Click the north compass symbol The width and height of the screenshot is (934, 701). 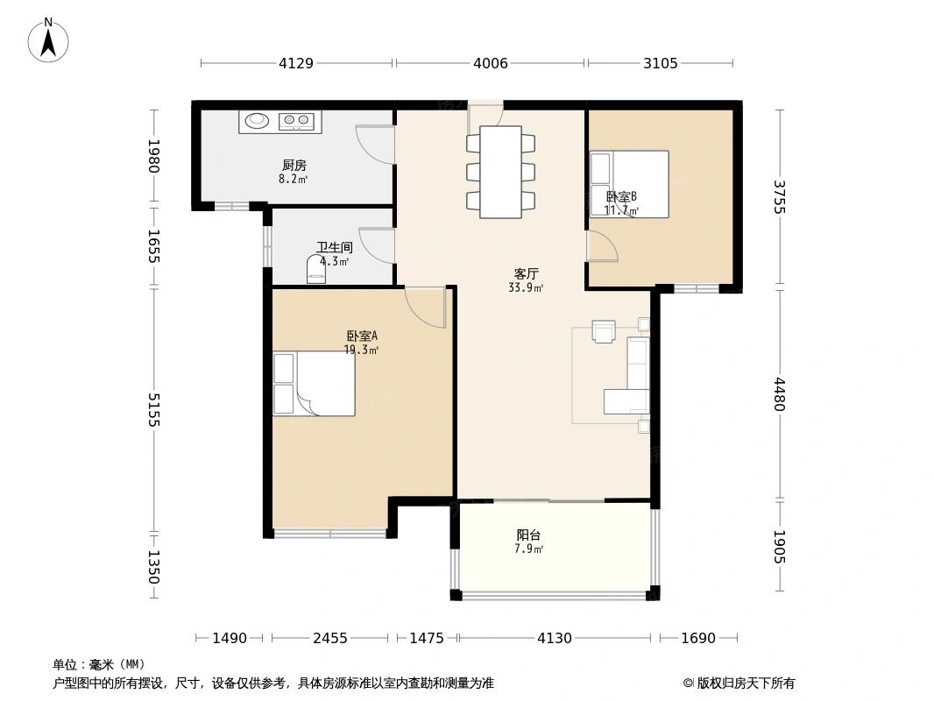(47, 40)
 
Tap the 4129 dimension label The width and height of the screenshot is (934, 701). (296, 63)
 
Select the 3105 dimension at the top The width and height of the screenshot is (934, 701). (660, 63)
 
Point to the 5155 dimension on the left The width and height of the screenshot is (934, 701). (154, 410)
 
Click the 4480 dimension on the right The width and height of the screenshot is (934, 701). (780, 394)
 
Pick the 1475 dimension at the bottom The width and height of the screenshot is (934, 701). (427, 639)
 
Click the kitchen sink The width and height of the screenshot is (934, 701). (258, 121)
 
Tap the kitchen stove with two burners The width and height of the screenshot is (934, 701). (296, 121)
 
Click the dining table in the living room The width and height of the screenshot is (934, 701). (501, 172)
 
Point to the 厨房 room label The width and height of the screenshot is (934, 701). (294, 166)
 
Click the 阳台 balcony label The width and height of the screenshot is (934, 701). (528, 535)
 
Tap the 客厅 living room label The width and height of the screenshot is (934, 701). (527, 274)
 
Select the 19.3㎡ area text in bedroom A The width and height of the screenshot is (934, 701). (361, 350)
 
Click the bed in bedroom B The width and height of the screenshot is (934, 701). (629, 184)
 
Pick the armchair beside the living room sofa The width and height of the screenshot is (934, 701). (604, 331)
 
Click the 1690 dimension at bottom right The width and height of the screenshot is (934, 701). (698, 639)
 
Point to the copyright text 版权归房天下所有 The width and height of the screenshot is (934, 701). (745, 683)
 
